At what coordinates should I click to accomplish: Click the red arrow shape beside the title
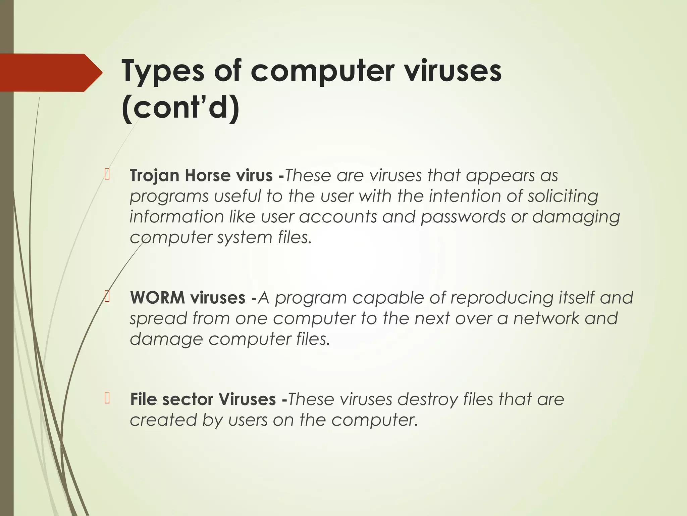tap(50, 73)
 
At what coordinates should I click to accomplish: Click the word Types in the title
tap(163, 71)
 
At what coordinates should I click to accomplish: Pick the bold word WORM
tap(157, 298)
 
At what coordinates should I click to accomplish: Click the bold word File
tap(143, 399)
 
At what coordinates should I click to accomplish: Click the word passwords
tap(463, 217)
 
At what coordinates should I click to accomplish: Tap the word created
tap(163, 420)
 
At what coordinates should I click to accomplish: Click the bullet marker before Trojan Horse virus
tap(107, 174)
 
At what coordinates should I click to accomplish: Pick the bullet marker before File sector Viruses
tap(107, 398)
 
